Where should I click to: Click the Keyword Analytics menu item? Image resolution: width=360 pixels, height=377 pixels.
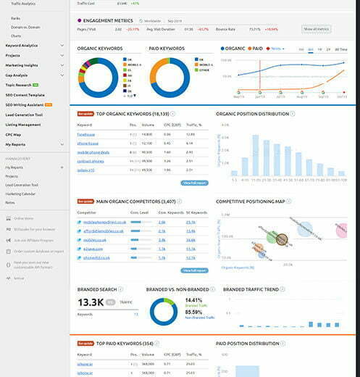[21, 45]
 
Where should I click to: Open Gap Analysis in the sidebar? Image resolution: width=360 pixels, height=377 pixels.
[17, 73]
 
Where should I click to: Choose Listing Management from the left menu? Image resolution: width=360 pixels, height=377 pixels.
[24, 124]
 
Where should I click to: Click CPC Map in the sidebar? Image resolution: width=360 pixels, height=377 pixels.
[14, 134]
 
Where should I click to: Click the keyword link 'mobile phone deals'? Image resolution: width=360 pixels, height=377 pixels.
[93, 152]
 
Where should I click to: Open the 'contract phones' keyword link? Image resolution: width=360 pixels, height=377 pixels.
[91, 161]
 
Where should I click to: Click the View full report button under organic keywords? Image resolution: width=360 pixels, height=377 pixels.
[195, 183]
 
